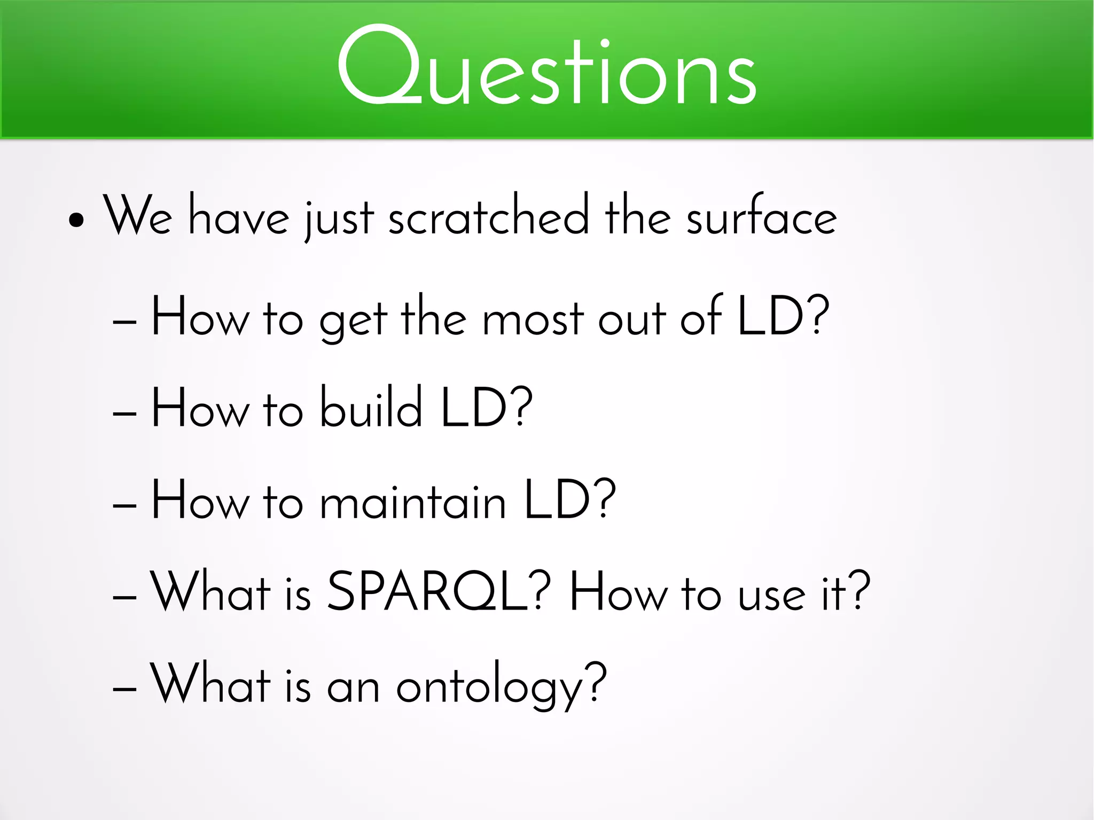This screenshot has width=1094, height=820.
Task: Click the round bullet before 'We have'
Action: (76, 219)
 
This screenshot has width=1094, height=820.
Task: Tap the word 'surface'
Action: (761, 216)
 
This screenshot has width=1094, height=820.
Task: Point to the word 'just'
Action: (339, 219)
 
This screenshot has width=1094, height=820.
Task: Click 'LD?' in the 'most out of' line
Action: (783, 316)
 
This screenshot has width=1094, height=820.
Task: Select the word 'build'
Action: (371, 408)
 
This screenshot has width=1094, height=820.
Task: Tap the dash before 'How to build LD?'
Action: (125, 413)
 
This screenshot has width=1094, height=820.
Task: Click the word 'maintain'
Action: (412, 501)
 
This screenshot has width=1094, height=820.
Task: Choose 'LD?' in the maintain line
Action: (569, 499)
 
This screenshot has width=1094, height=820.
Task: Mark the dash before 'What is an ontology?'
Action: (125, 689)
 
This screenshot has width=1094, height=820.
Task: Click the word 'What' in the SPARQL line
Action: (210, 591)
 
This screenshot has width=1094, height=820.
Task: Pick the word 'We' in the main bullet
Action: (138, 216)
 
